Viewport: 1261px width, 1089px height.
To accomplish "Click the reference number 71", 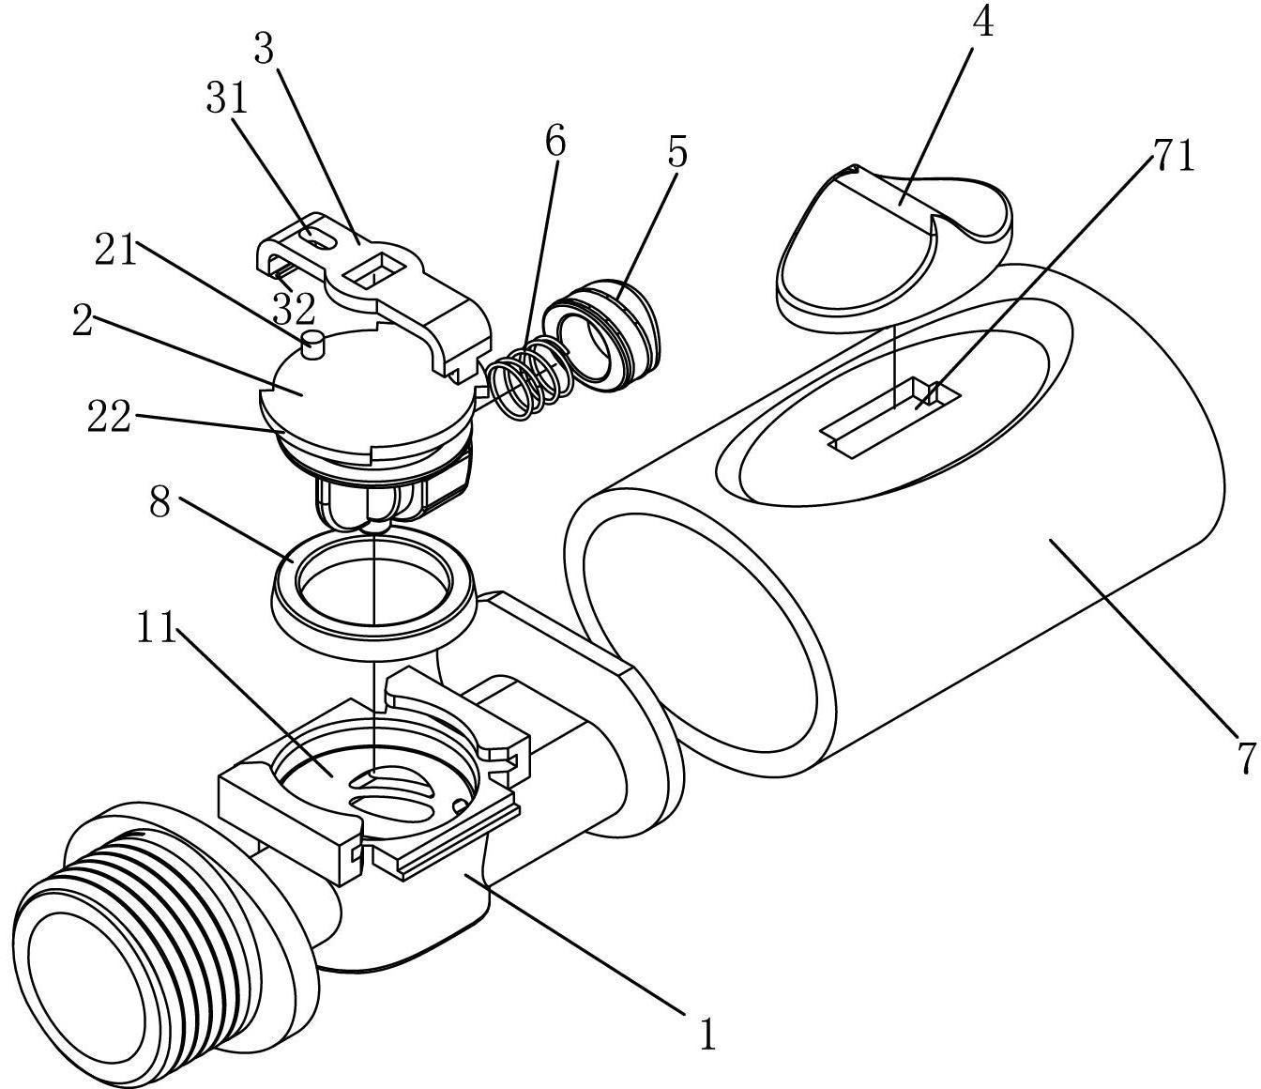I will click(x=1173, y=156).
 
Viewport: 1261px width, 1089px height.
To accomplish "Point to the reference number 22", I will click(x=108, y=417).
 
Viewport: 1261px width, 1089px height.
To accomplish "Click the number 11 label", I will click(x=156, y=629).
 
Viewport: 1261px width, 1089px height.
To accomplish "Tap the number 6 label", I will click(x=555, y=142).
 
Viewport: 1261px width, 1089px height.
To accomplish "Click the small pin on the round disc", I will click(x=313, y=343).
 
